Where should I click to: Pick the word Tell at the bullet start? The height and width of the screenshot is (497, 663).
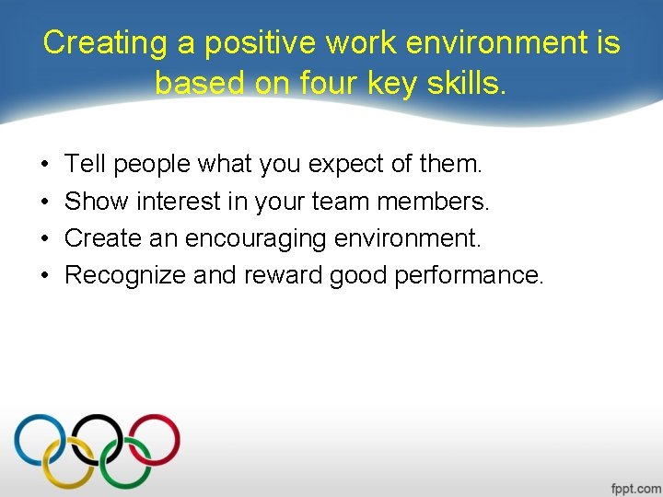pyautogui.click(x=85, y=165)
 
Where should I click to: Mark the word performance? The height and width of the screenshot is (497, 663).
pyautogui.click(x=469, y=275)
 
